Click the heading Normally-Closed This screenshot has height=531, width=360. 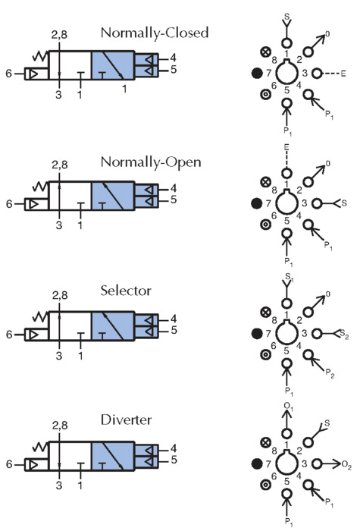(x=155, y=33)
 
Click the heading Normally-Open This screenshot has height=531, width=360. (x=151, y=162)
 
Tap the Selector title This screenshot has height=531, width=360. (x=126, y=291)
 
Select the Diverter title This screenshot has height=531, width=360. (x=126, y=420)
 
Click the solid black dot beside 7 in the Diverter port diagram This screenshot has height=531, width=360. (x=257, y=463)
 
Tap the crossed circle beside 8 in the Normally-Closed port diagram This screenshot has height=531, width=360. (x=266, y=52)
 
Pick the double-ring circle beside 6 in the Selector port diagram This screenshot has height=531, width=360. (x=266, y=354)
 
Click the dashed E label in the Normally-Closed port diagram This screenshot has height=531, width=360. (x=343, y=73)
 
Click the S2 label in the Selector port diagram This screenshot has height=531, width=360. (x=344, y=335)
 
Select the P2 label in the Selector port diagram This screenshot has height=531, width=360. (x=330, y=373)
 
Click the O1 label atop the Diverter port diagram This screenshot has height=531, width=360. (x=289, y=406)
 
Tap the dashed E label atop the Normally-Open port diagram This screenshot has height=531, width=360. (x=286, y=148)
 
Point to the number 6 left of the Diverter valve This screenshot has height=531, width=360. (x=10, y=464)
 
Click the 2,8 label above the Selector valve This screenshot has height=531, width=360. (x=60, y=295)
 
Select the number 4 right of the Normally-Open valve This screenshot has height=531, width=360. (x=174, y=188)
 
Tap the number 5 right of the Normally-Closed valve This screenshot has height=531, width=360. (x=174, y=70)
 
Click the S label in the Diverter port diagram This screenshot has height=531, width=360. (x=327, y=423)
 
